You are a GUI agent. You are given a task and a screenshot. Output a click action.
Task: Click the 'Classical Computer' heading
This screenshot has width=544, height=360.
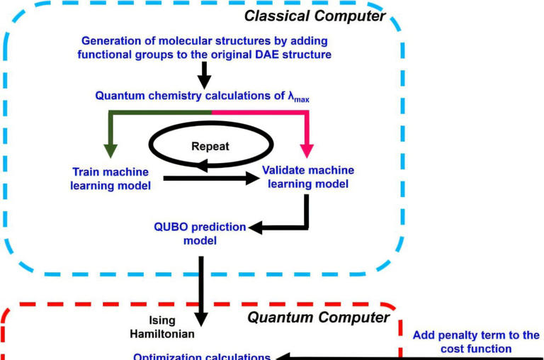315,15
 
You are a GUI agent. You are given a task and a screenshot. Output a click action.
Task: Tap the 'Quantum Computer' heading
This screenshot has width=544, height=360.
318,317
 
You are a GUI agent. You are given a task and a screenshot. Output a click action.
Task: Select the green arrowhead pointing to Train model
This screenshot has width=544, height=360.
110,150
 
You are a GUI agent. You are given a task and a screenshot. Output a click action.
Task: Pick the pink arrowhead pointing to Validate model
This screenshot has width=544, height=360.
306,150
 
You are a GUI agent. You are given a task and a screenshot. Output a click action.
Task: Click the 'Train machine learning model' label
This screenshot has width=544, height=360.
111,179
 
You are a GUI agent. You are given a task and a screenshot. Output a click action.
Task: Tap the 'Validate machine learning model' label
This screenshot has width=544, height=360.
307,177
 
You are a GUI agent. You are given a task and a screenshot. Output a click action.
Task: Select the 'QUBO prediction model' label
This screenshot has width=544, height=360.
200,233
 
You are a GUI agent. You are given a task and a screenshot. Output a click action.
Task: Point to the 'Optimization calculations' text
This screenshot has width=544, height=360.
202,356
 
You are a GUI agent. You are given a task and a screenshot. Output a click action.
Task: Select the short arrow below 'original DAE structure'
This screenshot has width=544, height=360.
203,74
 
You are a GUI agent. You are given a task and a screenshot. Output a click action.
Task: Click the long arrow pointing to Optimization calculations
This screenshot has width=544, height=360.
411,356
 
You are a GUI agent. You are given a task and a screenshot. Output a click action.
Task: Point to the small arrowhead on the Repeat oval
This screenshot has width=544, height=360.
203,166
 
